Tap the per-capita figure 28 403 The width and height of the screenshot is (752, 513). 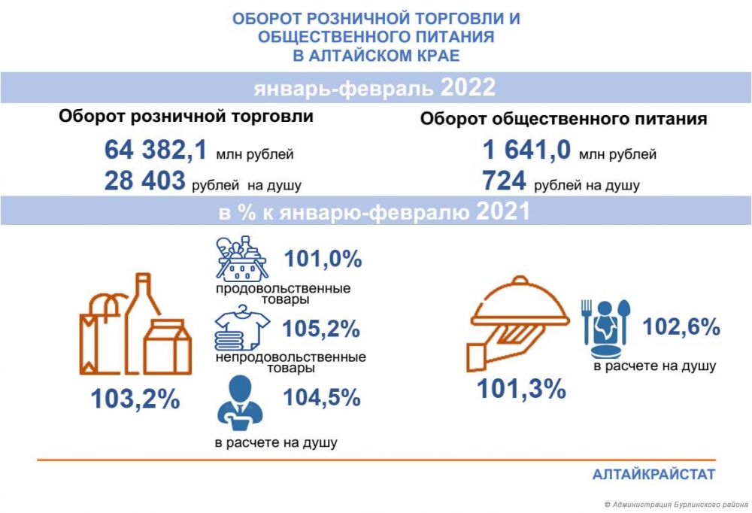click(x=145, y=181)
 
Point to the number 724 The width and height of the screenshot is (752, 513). click(x=504, y=181)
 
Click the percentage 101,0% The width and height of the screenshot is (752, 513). click(x=323, y=259)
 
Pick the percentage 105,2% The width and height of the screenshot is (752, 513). click(x=321, y=329)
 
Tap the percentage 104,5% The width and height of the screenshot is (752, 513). click(x=322, y=398)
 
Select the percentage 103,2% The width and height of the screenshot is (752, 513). click(x=135, y=399)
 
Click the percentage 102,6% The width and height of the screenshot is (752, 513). click(x=681, y=326)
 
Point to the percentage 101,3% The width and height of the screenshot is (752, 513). click(x=521, y=389)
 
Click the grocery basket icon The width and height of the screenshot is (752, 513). click(x=241, y=258)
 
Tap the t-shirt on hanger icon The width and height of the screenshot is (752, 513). click(x=242, y=328)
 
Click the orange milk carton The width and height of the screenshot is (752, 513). click(x=168, y=347)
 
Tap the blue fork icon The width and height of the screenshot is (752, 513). click(x=586, y=322)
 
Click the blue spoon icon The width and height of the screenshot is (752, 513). click(x=623, y=322)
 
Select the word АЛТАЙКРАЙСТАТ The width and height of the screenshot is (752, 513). click(x=653, y=475)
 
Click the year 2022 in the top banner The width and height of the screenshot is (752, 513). click(x=468, y=88)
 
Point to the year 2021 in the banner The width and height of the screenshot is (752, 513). click(x=502, y=211)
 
